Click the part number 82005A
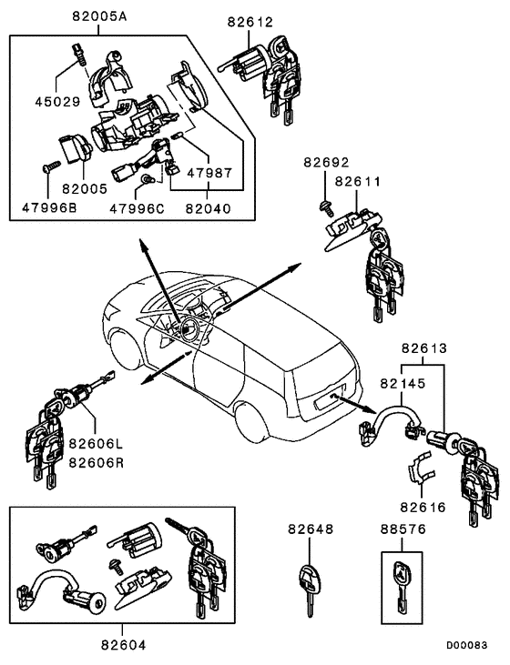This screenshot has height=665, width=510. point(102,17)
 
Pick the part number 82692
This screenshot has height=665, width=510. point(326,164)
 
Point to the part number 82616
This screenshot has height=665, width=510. point(422,507)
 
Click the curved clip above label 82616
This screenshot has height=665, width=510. point(421,469)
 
